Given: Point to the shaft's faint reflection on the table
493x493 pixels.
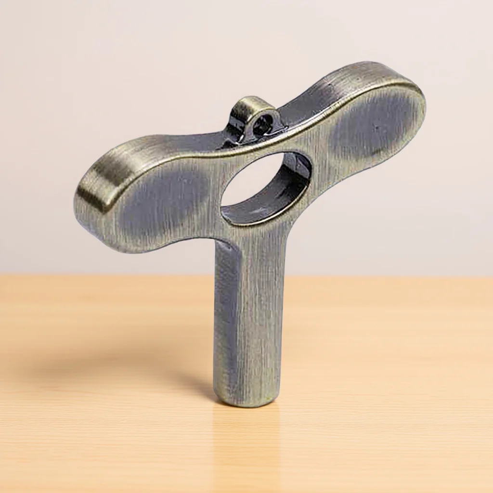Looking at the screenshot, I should coord(246,443).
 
